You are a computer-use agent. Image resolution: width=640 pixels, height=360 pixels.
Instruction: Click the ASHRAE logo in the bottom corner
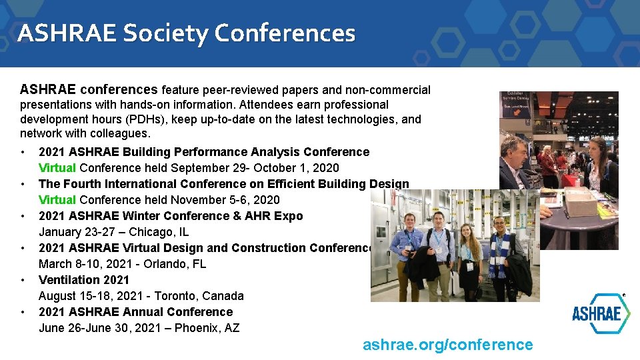point(601,313)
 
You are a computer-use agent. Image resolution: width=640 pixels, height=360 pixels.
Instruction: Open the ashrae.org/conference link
point(447,345)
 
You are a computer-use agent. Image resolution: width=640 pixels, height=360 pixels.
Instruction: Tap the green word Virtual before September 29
point(57,168)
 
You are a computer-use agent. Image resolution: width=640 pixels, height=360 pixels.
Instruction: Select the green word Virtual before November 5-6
point(57,200)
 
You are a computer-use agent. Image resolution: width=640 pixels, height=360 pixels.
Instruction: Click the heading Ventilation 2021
point(84,280)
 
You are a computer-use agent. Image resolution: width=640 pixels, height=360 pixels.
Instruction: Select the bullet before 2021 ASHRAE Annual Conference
point(23,312)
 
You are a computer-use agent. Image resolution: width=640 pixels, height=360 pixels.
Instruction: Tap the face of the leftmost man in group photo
point(411,222)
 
